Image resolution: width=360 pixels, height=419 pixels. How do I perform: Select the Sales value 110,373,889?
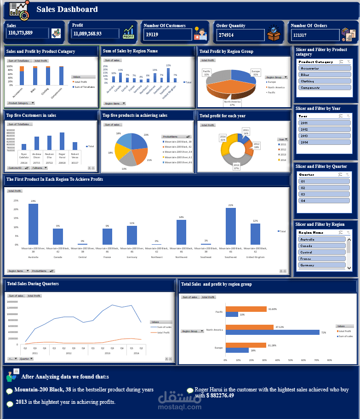coord(20,33)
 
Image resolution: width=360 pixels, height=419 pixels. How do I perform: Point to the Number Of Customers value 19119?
coord(152,34)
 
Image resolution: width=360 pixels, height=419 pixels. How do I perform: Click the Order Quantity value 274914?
coord(226,35)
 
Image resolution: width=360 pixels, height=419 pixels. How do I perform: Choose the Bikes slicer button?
coord(325,75)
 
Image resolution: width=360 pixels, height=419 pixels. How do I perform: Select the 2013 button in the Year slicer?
coord(325,136)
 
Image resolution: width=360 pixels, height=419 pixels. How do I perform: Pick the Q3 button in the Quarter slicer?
coord(325,194)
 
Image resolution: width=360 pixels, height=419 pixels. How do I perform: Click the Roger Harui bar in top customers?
coord(62,141)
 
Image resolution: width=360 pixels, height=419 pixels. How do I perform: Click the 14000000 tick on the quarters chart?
coord(12,302)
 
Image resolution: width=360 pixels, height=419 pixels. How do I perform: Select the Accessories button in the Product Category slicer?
coord(325,68)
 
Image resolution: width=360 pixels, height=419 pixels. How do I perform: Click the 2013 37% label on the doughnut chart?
coord(236,166)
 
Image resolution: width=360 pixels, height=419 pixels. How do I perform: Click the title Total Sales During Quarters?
coord(33,284)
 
